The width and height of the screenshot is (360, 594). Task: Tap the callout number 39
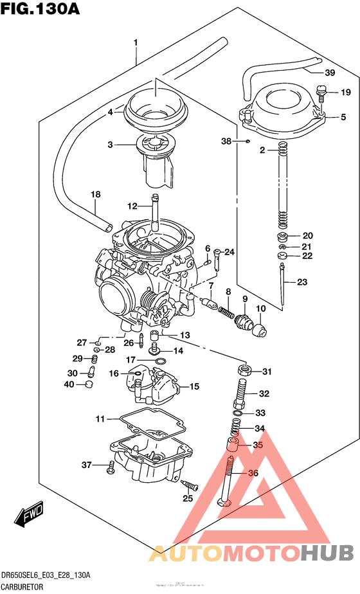coord(330,72)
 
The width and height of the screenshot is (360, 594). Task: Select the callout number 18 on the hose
coord(96,194)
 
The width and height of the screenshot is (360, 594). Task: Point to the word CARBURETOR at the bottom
coord(29,586)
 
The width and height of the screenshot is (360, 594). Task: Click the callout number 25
coord(188,498)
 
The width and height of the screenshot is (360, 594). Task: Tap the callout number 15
coord(194,387)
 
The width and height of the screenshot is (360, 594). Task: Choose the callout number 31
coord(267,371)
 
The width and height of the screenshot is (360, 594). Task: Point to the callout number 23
coord(302,281)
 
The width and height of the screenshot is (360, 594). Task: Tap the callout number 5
coord(343,117)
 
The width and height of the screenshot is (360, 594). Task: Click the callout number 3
coord(111,145)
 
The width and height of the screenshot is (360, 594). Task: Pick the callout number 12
coord(132,206)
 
